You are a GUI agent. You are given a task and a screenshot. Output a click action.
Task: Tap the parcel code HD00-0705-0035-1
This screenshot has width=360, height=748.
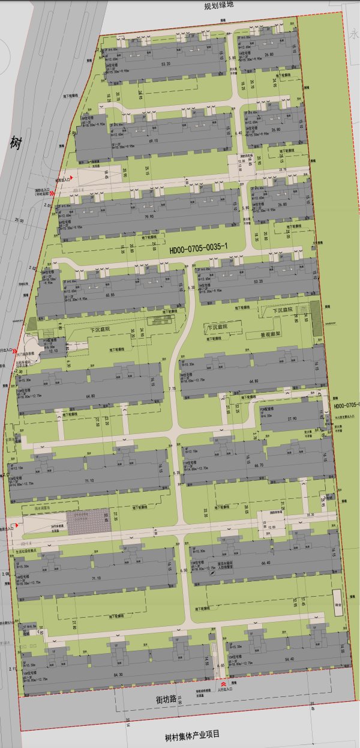(198, 247)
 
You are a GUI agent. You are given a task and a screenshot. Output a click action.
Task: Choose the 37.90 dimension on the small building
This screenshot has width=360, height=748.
(292, 419)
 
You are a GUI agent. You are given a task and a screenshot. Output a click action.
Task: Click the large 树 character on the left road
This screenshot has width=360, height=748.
(15, 143)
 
